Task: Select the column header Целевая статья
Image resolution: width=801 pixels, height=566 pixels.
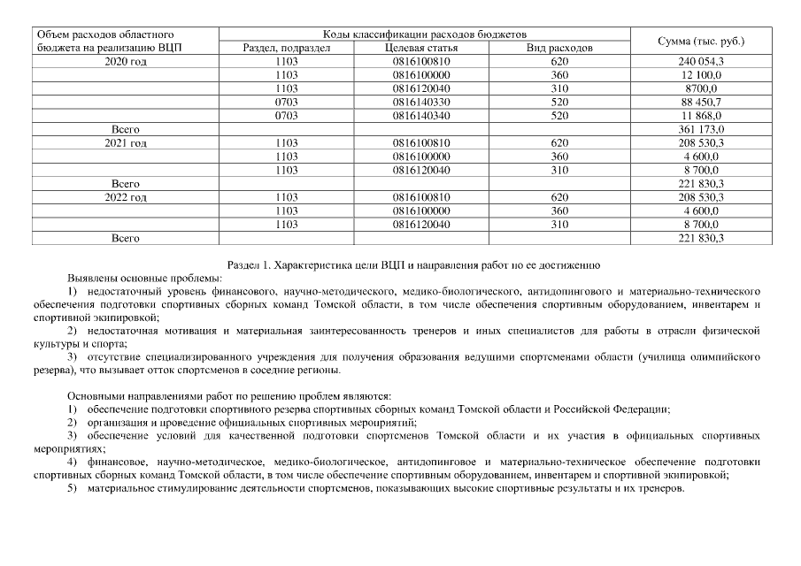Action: point(419,48)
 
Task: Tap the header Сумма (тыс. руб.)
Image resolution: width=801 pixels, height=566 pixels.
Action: point(701,41)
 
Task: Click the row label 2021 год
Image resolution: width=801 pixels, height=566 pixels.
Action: point(125,142)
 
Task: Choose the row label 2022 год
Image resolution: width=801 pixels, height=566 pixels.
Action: point(125,197)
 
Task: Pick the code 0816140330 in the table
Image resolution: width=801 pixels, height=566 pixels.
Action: point(421,102)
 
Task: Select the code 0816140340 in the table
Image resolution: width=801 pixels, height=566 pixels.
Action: point(421,115)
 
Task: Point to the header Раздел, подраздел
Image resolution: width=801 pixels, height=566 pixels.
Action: point(286,48)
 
